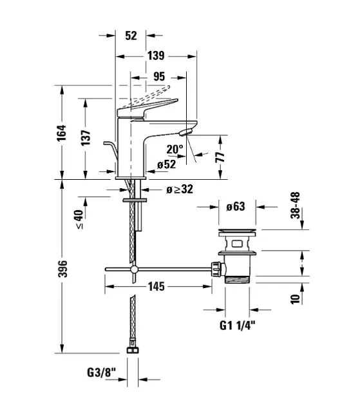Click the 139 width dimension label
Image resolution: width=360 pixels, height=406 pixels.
click(156, 55)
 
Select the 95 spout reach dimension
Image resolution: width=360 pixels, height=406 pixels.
click(159, 77)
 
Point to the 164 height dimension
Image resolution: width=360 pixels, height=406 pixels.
click(62, 133)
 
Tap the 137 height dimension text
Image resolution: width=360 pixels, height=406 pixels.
click(86, 138)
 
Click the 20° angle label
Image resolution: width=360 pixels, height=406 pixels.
click(175, 150)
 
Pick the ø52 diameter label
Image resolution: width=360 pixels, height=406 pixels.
click(167, 164)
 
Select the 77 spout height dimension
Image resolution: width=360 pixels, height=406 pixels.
click(220, 157)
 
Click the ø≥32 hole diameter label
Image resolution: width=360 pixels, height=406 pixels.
click(180, 189)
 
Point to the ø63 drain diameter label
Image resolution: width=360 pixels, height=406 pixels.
click(236, 206)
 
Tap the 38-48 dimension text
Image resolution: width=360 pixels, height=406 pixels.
click(296, 206)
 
